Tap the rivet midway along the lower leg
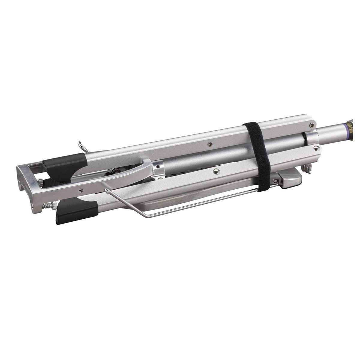pos(215,171)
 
